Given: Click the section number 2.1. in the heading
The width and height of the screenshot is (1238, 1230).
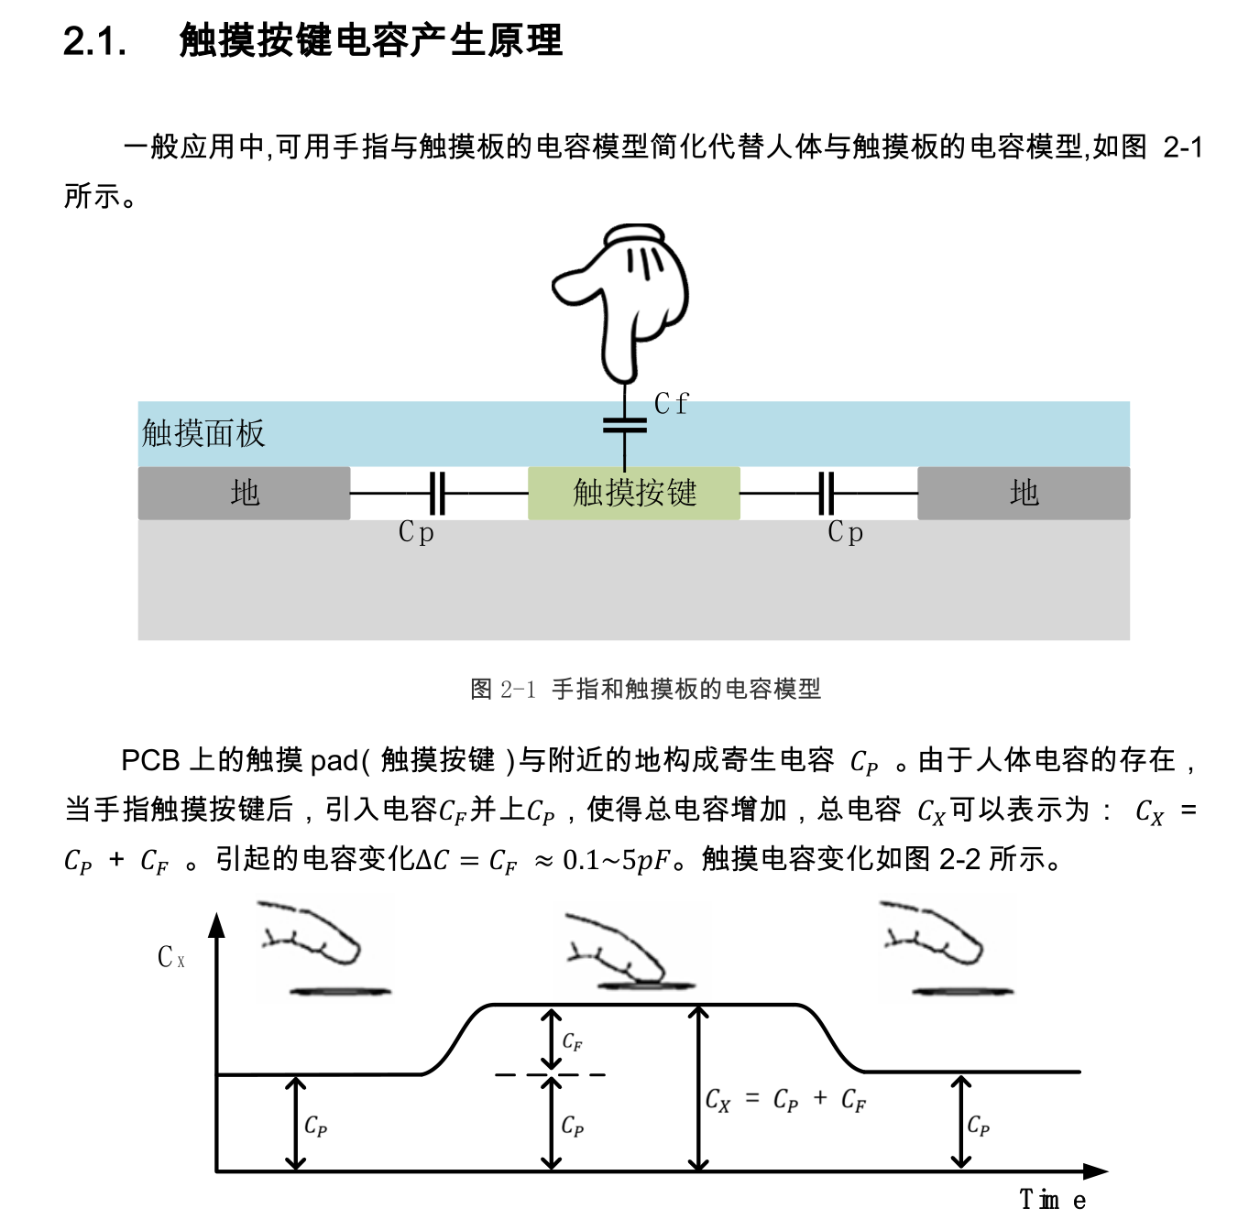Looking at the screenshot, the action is click(x=94, y=41).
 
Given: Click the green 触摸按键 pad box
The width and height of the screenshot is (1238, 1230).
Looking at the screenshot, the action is click(x=634, y=493).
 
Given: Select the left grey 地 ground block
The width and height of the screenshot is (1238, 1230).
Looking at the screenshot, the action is click(x=245, y=493).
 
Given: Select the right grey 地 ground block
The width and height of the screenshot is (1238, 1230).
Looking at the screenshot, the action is click(x=1024, y=493).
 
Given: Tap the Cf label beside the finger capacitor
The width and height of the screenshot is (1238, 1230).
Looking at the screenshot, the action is click(x=671, y=404).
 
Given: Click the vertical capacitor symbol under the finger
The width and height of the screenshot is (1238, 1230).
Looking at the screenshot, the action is click(x=625, y=425).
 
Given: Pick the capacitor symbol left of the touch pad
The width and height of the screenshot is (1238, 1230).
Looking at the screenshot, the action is click(x=438, y=493).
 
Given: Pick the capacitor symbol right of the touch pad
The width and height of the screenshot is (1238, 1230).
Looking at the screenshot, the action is click(x=827, y=493).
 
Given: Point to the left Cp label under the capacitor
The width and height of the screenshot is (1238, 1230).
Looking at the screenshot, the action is click(x=416, y=532).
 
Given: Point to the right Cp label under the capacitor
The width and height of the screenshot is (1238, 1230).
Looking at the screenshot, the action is click(x=845, y=532).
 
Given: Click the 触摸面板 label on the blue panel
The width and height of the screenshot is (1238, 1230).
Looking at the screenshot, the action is click(x=203, y=433).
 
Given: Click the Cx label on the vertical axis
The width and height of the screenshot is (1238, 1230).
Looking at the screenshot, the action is click(x=170, y=958).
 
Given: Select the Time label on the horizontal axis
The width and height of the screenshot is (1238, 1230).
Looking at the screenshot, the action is click(x=1053, y=1199).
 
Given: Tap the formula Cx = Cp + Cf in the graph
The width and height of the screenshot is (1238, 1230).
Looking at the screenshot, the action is click(x=785, y=1100).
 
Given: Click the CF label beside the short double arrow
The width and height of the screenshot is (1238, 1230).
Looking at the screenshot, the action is click(x=572, y=1041).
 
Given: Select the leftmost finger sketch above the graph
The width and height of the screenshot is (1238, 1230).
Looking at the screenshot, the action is click(x=321, y=948).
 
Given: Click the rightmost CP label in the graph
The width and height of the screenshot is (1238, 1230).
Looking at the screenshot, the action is click(x=978, y=1125).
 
